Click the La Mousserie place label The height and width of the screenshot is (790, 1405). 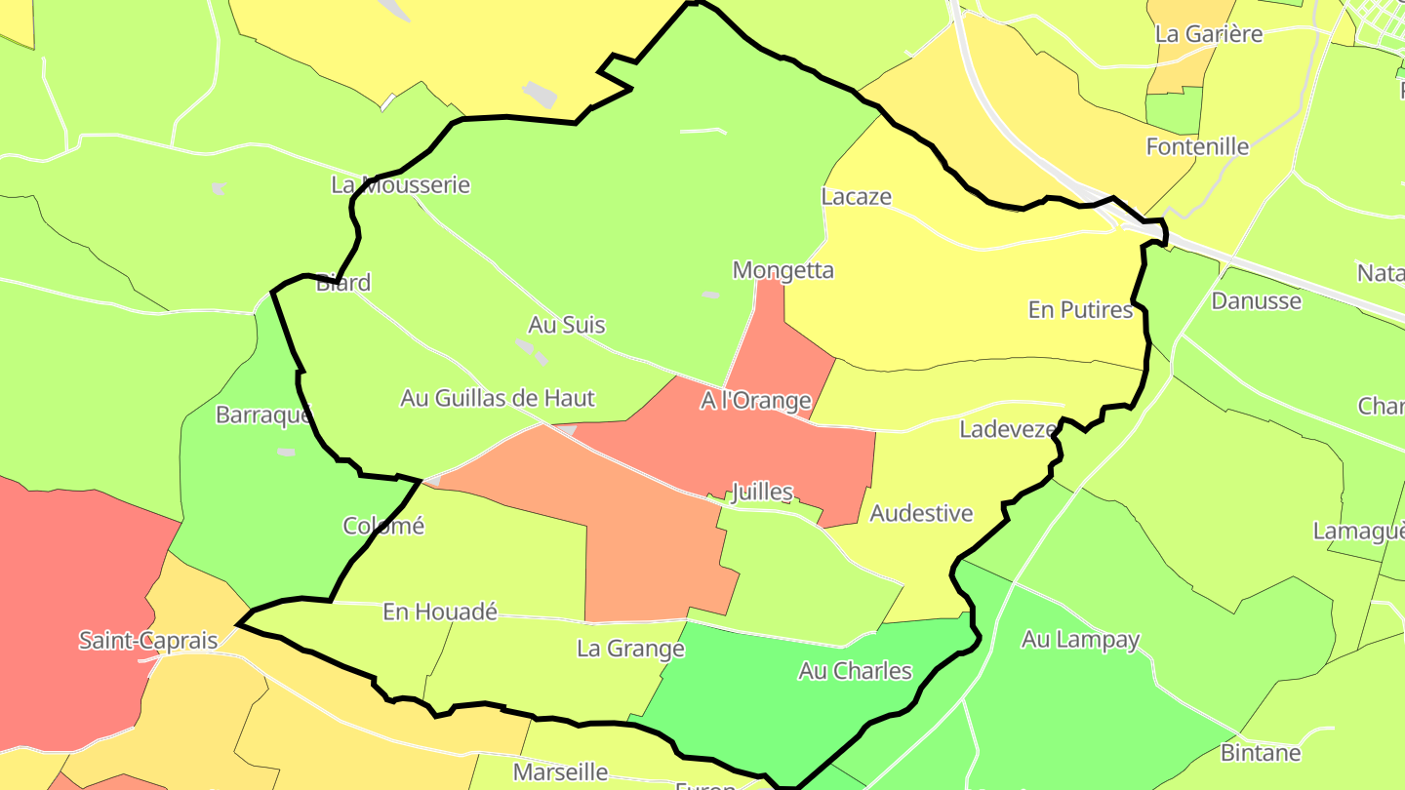(x=401, y=184)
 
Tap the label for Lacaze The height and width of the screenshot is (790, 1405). (x=857, y=196)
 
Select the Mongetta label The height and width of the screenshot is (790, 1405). (x=783, y=270)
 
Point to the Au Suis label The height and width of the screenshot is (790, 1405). (x=567, y=325)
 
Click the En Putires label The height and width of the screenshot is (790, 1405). (x=1080, y=309)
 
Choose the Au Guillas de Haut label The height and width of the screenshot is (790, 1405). (x=498, y=398)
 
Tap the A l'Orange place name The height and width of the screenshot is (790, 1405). (x=756, y=400)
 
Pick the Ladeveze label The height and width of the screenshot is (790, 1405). (x=1008, y=429)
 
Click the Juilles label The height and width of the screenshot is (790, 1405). (x=762, y=492)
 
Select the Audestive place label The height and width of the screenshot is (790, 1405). (x=922, y=513)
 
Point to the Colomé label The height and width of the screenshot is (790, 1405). (x=384, y=526)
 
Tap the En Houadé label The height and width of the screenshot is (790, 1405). (x=440, y=612)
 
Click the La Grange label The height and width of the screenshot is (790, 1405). (x=631, y=649)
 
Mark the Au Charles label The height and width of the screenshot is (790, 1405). (x=856, y=670)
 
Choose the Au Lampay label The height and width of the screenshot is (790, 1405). (x=1081, y=640)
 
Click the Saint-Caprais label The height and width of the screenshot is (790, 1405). (x=148, y=641)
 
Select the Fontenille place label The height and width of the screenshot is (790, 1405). (x=1198, y=146)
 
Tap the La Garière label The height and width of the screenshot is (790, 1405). (x=1209, y=34)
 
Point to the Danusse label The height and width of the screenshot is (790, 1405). (x=1257, y=300)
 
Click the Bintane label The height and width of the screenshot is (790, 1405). (x=1262, y=753)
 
